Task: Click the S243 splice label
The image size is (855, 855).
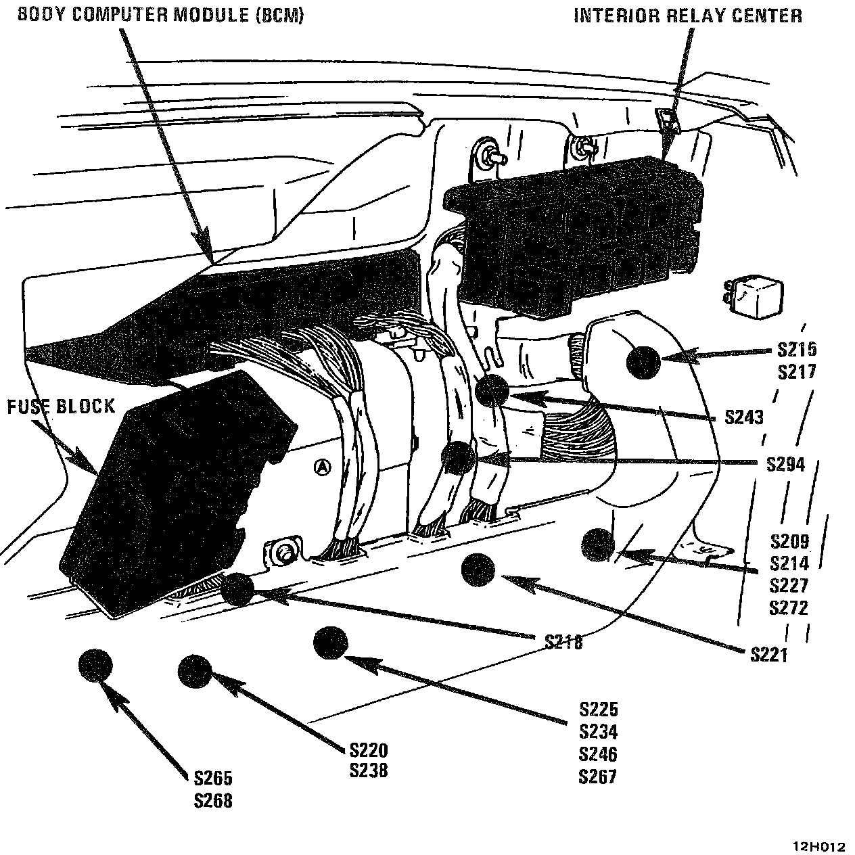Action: pos(743,417)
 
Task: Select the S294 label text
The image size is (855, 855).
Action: pos(785,465)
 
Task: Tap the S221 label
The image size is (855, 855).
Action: pos(769,654)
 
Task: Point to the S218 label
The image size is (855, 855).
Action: pos(563,641)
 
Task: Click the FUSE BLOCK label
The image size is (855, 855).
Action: pos(61,407)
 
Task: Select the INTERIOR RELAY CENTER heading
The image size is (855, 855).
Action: pos(687,16)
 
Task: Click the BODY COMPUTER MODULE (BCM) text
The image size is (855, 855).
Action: pos(160,15)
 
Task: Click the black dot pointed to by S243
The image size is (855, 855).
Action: pos(492,390)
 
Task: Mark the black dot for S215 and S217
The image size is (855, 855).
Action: pos(643,362)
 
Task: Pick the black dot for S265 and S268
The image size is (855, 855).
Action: pos(95,666)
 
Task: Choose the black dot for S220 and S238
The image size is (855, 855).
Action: pos(195,672)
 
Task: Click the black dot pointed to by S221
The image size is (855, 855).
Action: pos(478,570)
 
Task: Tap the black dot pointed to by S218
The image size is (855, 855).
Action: pos(237,589)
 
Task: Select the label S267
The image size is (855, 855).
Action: pos(598,777)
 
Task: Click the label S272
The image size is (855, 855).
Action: pos(789,608)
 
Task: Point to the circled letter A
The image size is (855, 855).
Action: pos(323,467)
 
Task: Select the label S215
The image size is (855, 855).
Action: pos(797,350)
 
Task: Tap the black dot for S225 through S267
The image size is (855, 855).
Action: pos(331,643)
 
